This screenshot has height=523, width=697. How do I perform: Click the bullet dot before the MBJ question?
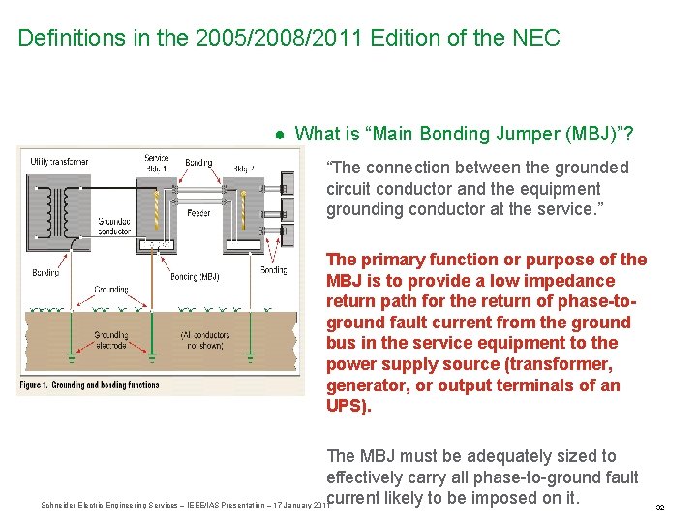coord(279,134)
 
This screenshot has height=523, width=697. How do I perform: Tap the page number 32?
coord(659,507)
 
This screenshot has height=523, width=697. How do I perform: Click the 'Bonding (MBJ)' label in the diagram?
coord(194,277)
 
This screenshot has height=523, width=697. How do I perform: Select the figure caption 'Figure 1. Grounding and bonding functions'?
coord(88,385)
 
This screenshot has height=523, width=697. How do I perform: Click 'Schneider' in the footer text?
coord(61,505)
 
